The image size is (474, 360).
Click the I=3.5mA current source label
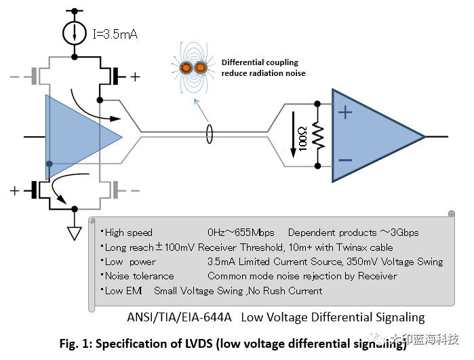click(x=115, y=33)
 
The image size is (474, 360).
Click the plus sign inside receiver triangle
click(x=345, y=113)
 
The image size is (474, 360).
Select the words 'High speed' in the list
click(x=129, y=233)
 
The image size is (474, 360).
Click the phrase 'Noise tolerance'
click(x=139, y=276)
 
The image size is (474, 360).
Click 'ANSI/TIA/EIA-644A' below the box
click(x=179, y=317)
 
